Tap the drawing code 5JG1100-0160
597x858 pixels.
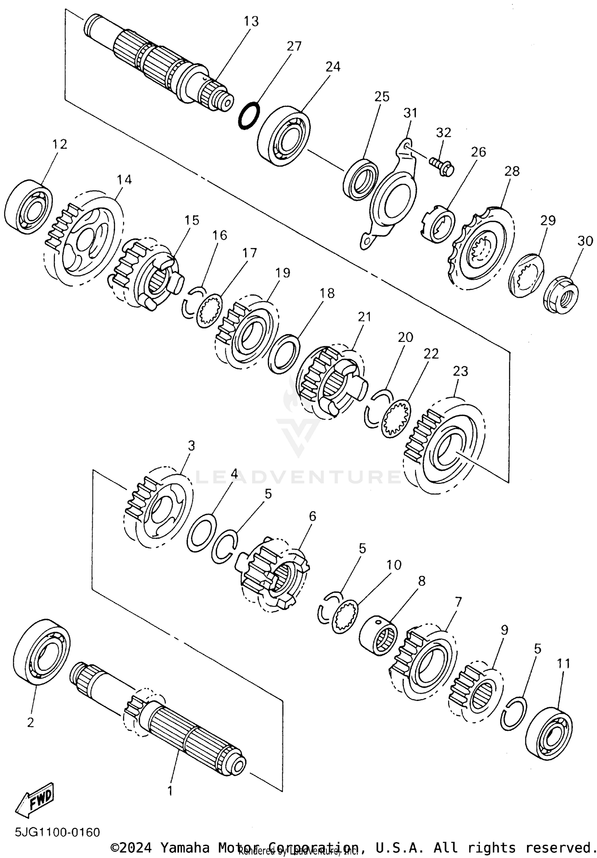[x=57, y=832]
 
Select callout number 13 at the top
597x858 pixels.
[x=251, y=21]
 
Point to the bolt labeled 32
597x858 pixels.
[x=441, y=166]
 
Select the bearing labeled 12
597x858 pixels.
[x=29, y=204]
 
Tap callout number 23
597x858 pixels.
[x=460, y=371]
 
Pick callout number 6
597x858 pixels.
[x=312, y=516]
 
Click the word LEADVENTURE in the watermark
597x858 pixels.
[x=298, y=476]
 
